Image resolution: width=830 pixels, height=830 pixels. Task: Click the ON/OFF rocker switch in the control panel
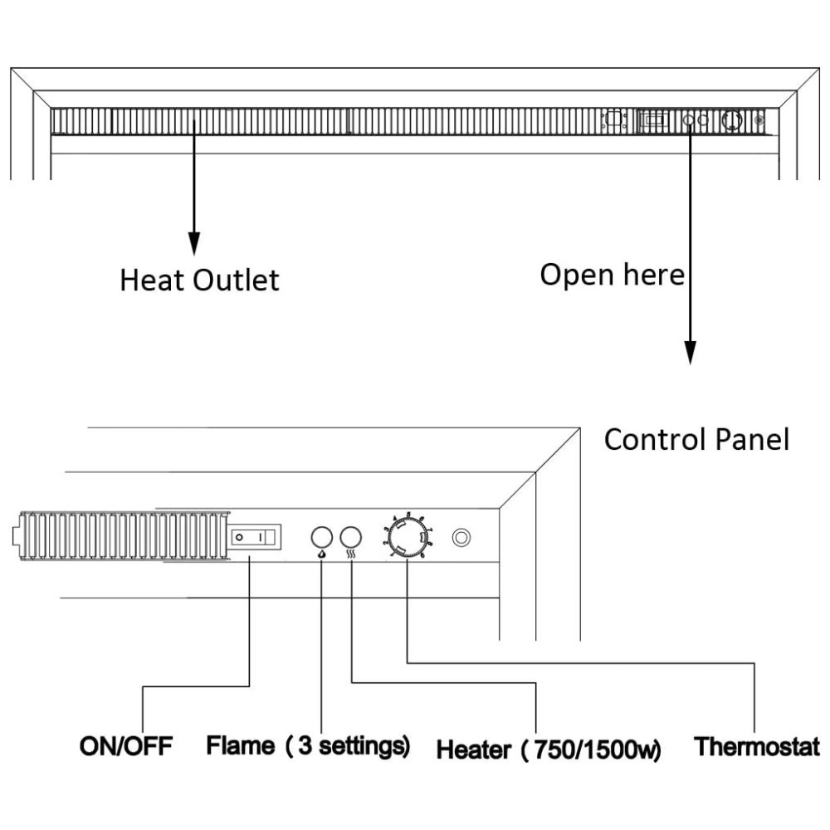point(252,538)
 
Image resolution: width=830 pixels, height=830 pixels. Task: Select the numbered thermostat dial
point(407,538)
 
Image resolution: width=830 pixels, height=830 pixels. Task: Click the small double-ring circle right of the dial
point(459,538)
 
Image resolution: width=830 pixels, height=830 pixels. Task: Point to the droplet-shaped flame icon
point(322,557)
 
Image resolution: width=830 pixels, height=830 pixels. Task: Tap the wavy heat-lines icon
point(351,557)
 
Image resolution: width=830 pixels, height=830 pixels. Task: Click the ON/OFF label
point(125,745)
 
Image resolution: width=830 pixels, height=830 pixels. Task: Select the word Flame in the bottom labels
point(241,745)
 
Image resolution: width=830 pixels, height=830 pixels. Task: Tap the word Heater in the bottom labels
point(474,751)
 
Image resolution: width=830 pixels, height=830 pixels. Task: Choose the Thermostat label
point(757,745)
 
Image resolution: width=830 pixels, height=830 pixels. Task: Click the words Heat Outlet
point(199,280)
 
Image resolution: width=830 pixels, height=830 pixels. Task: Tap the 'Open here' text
point(613,274)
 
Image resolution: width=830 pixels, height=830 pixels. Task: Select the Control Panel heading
point(696,439)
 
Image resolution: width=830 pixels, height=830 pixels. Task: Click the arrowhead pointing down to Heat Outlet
point(193,243)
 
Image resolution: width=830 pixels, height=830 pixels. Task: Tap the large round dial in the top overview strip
point(731,121)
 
